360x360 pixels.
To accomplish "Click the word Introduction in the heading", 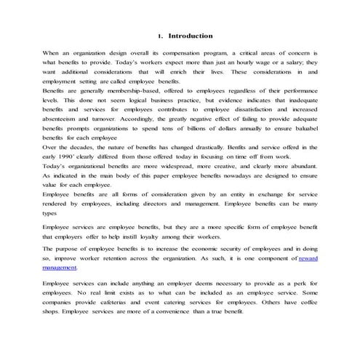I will tap(191, 35).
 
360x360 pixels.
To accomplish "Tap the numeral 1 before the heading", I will tap(159, 36).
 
